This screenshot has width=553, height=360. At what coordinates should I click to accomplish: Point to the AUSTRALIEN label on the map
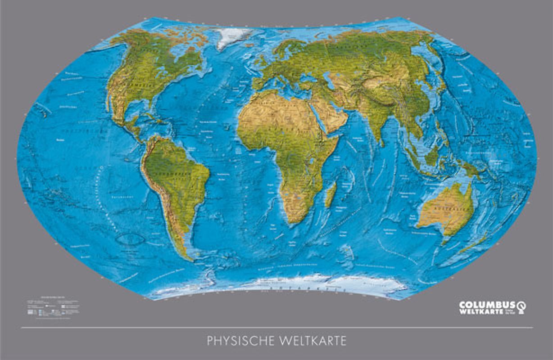tap(446, 210)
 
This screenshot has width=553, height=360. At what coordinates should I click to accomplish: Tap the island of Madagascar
tap(331, 194)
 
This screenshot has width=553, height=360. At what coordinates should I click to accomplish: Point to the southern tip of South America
tap(191, 259)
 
